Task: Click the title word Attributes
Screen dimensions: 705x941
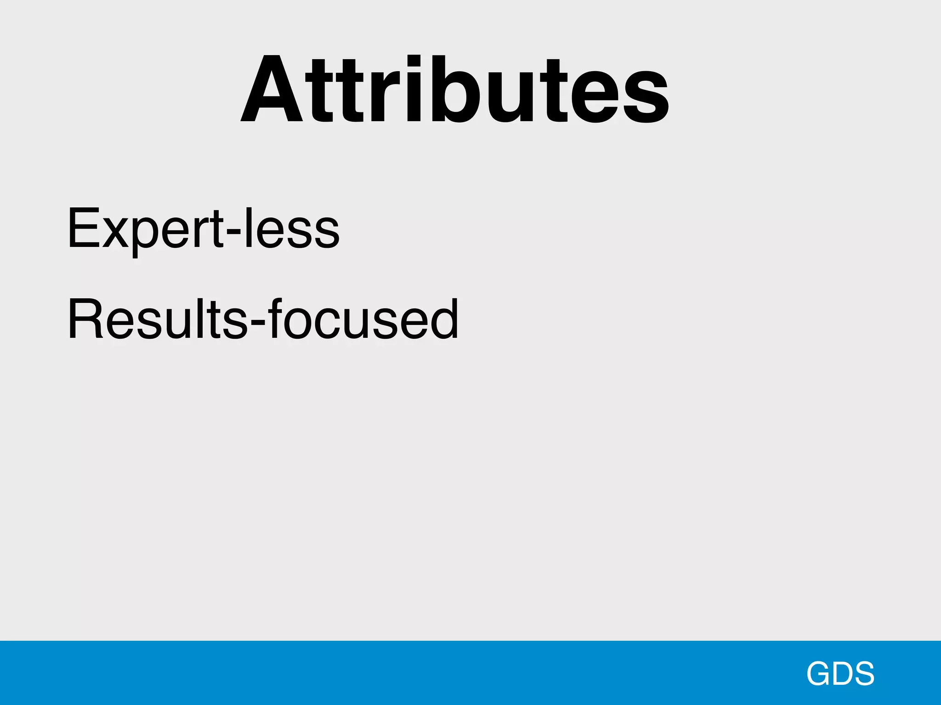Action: pos(455,90)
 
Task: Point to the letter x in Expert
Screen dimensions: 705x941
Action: pos(114,234)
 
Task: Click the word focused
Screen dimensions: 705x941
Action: pos(363,319)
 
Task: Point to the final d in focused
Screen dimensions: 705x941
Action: pos(442,319)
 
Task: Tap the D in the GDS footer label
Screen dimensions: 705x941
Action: pos(842,673)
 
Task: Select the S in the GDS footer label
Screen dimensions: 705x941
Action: pos(863,673)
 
